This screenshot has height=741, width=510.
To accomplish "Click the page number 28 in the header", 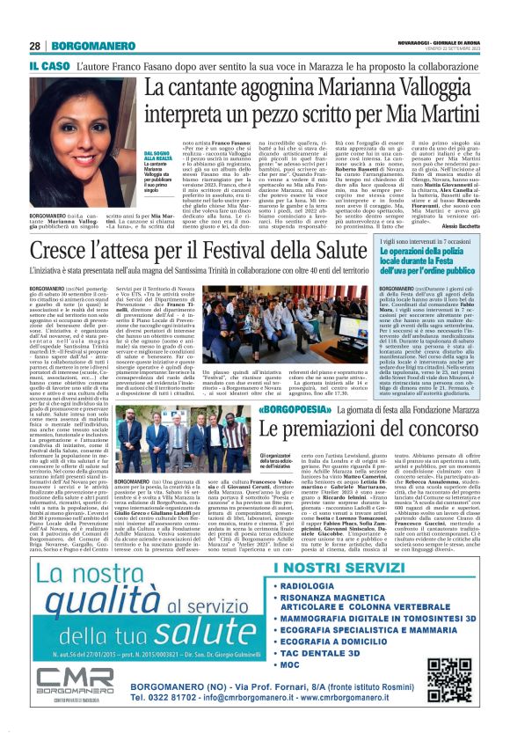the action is point(35,46).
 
